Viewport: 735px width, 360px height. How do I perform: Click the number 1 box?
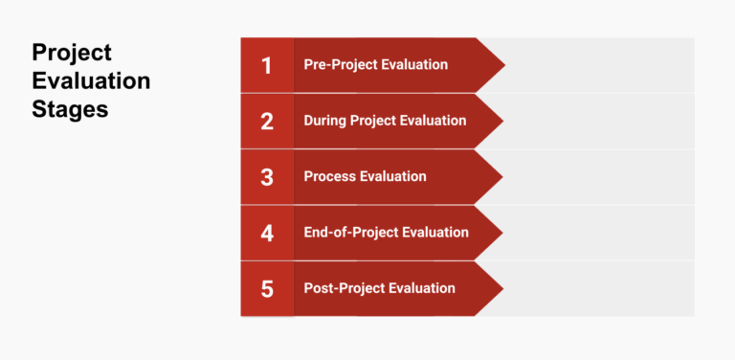(267, 65)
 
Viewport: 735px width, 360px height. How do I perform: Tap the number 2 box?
(267, 121)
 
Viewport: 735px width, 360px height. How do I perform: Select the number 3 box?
(267, 176)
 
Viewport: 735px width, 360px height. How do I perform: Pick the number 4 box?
(267, 232)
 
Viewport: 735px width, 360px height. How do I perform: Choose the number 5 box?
(267, 288)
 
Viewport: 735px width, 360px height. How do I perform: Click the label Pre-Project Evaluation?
(375, 65)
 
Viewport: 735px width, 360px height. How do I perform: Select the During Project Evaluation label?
(385, 121)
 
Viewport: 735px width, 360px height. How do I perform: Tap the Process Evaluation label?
(365, 176)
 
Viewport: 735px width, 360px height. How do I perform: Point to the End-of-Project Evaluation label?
(386, 232)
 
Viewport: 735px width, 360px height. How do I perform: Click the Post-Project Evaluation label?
(379, 288)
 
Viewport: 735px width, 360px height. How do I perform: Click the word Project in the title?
(72, 53)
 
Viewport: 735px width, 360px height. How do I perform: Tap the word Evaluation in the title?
(91, 80)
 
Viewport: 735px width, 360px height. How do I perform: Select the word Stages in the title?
(70, 108)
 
